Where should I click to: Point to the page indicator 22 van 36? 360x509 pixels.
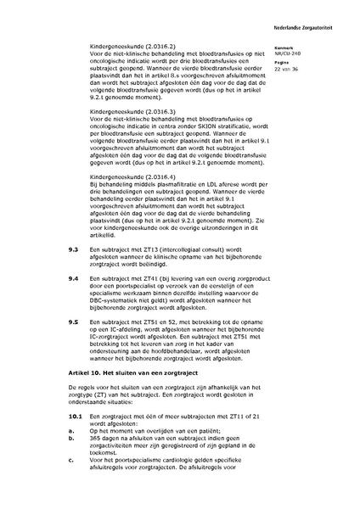(287, 69)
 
